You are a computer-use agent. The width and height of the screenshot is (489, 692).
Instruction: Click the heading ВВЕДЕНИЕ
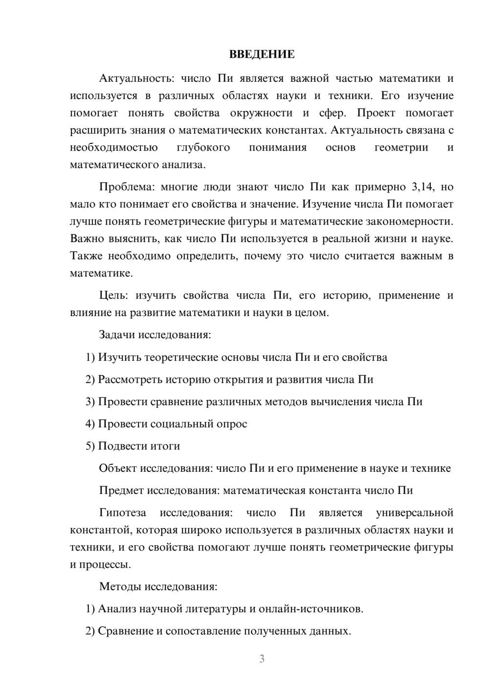[262, 54]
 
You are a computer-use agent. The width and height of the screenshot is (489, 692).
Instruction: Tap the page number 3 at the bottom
[262, 659]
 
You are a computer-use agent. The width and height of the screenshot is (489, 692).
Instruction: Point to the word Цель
[113, 296]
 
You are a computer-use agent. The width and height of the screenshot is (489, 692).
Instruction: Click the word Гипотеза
[122, 513]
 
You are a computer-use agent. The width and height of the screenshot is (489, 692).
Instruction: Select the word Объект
[118, 468]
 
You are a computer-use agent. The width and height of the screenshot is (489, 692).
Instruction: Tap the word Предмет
[121, 490]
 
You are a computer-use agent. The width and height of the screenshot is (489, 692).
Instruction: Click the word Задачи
[117, 335]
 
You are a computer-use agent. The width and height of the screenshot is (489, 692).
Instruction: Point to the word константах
[295, 130]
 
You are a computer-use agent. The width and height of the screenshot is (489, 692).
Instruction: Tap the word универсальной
[414, 513]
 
